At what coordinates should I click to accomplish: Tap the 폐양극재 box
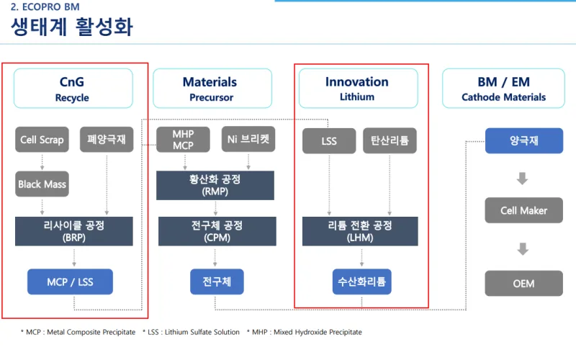pos(106,140)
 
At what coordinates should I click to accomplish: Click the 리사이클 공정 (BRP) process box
pos(74,231)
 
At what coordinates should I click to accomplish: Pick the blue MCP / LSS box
pos(70,282)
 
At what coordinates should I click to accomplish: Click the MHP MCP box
pos(183,140)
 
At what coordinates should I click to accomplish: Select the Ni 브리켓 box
pos(246,140)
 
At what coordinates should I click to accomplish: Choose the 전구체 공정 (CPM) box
pos(215,231)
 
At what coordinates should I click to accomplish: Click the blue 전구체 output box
pos(215,282)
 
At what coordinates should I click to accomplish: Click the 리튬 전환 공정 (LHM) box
pos(360,231)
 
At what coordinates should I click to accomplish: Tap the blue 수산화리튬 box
pos(361,282)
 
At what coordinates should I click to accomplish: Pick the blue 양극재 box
pos(523,141)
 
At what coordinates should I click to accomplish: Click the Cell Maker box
pos(523,211)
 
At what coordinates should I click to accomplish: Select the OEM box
pos(523,283)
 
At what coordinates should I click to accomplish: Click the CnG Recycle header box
pos(73,89)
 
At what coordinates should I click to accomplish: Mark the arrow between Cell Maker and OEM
pos(523,248)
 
